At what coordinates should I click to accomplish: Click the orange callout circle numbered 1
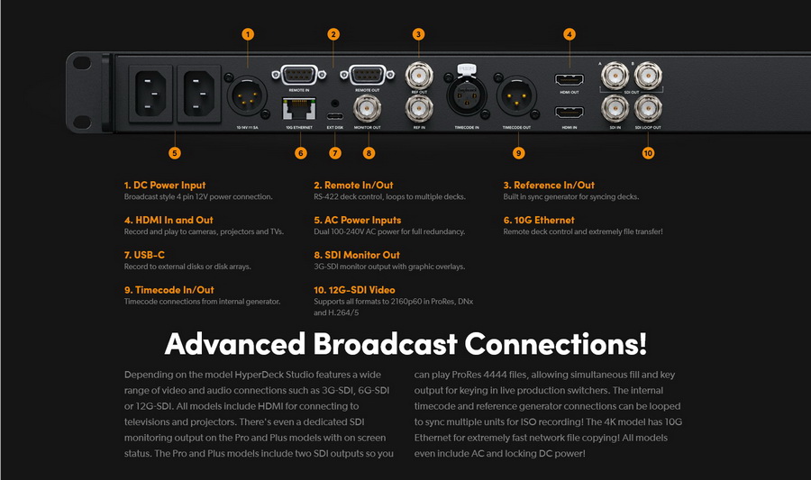point(248,34)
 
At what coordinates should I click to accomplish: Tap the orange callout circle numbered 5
point(174,152)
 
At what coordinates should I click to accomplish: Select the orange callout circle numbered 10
point(648,152)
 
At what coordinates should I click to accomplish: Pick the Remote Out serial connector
point(367,74)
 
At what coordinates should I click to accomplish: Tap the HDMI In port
point(570,113)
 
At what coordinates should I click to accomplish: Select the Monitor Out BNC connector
point(367,110)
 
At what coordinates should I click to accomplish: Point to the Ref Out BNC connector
point(418,73)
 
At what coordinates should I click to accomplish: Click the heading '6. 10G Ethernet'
point(538,220)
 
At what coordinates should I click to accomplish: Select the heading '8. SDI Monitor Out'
point(357,255)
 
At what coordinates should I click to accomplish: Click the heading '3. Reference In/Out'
point(549,186)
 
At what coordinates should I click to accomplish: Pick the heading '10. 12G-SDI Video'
point(354,290)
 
